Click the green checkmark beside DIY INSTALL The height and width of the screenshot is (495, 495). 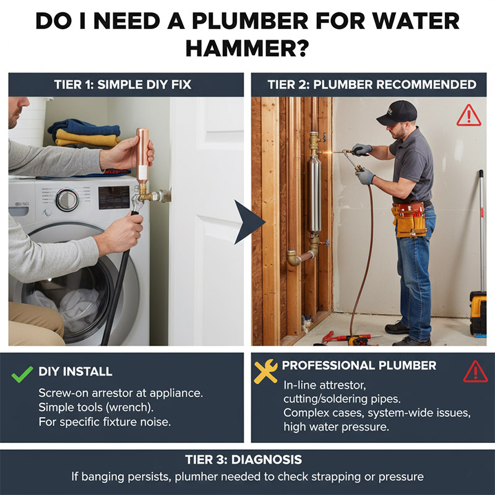(22, 374)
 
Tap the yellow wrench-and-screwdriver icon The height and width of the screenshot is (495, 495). (265, 371)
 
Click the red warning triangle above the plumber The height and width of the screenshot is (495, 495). (469, 116)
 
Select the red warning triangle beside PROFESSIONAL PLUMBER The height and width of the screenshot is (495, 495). (475, 372)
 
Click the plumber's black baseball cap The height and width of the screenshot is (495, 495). (397, 113)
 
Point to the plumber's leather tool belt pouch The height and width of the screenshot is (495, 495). (410, 220)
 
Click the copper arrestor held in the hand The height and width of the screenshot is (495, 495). (142, 155)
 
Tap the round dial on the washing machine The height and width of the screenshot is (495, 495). (67, 200)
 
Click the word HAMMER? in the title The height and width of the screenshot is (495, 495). (247, 48)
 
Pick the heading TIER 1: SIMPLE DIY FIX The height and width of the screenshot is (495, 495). (123, 85)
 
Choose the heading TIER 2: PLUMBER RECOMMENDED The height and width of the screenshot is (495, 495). (372, 85)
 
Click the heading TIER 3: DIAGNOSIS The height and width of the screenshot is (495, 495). (243, 460)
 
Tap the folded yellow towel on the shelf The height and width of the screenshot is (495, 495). (87, 138)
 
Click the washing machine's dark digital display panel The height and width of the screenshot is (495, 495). (114, 197)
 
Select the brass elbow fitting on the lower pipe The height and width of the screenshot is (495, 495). (294, 258)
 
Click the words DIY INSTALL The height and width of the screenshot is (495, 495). (75, 372)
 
